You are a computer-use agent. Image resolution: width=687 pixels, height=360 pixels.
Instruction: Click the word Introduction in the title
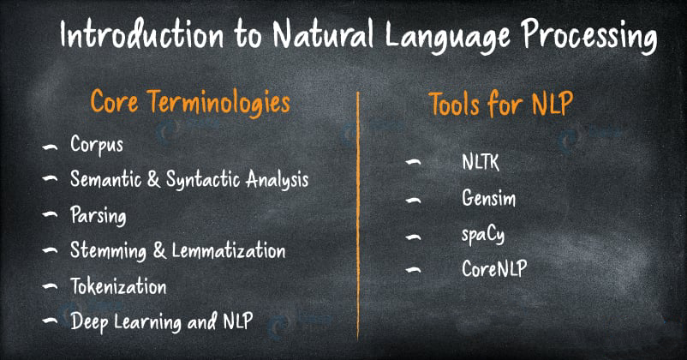pyautogui.click(x=141, y=33)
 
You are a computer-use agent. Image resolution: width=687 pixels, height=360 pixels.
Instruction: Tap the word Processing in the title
pyautogui.click(x=588, y=36)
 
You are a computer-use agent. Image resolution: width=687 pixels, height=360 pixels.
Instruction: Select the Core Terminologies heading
pyautogui.click(x=190, y=103)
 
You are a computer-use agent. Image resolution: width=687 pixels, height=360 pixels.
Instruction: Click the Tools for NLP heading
pyautogui.click(x=501, y=104)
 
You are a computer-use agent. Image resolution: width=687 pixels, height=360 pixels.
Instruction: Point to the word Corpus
pyautogui.click(x=97, y=144)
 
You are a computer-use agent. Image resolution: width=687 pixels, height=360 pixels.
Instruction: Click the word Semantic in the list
pyautogui.click(x=106, y=178)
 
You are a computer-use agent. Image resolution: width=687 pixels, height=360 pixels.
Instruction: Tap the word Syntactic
pyautogui.click(x=203, y=180)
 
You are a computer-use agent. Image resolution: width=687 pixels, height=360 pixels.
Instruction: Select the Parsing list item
pyautogui.click(x=99, y=215)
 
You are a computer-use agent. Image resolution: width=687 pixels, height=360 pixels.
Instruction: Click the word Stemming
pyautogui.click(x=108, y=251)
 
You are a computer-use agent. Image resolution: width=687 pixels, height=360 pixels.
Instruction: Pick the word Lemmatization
pyautogui.click(x=228, y=250)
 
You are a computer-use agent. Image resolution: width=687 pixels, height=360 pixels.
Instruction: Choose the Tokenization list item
pyautogui.click(x=118, y=286)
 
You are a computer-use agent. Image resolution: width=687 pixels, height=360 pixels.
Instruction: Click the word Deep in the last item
pyautogui.click(x=89, y=321)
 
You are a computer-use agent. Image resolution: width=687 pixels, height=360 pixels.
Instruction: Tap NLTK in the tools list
pyautogui.click(x=481, y=162)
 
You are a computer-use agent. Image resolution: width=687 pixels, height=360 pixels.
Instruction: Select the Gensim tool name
pyautogui.click(x=488, y=198)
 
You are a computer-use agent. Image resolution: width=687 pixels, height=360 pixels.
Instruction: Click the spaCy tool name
pyautogui.click(x=483, y=235)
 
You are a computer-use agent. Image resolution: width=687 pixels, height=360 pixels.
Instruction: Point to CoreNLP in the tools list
pyautogui.click(x=494, y=268)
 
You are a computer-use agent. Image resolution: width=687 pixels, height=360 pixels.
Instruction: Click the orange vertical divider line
pyautogui.click(x=358, y=216)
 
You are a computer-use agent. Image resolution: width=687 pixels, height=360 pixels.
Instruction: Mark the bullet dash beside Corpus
pyautogui.click(x=50, y=147)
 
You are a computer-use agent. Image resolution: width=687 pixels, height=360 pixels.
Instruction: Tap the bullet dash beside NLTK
pyautogui.click(x=413, y=162)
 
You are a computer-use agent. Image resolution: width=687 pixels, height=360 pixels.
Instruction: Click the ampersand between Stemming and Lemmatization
pyautogui.click(x=159, y=250)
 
